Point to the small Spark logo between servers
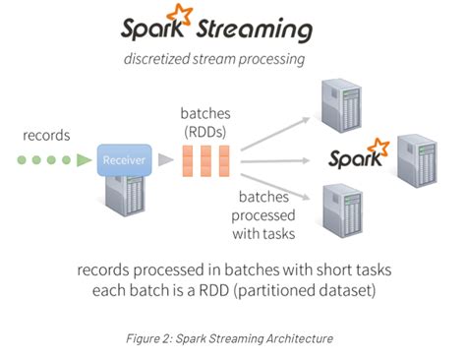tap(357, 155)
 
